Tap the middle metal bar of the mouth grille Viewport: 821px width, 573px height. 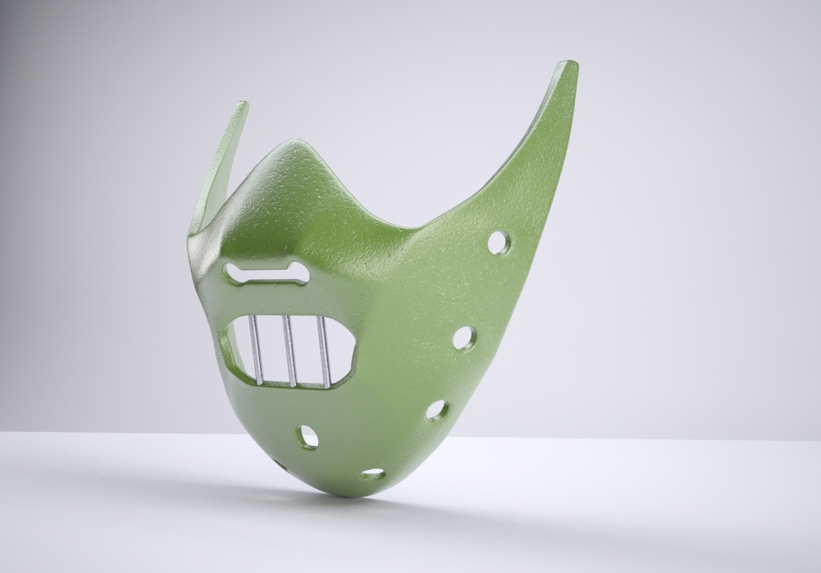289,350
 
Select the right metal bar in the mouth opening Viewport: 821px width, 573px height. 324,351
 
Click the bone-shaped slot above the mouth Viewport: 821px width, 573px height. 268,274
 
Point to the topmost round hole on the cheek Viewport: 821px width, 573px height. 499,242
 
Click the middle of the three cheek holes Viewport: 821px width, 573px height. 465,338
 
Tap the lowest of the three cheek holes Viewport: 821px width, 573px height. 437,410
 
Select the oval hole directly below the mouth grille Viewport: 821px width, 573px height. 307,437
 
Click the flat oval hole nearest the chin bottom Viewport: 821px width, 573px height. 373,473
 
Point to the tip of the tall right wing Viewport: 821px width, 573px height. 569,65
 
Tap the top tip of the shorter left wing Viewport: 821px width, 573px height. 243,105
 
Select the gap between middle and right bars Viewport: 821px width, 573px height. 307,350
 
